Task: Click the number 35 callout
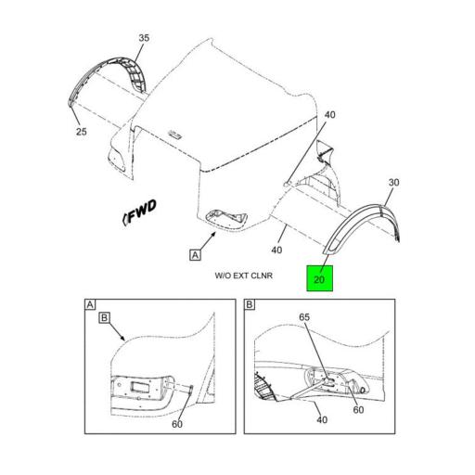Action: tap(144, 38)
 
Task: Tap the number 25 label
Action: tap(82, 132)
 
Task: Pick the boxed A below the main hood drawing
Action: tap(195, 253)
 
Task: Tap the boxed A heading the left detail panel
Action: tap(90, 304)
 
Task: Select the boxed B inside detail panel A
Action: tap(105, 319)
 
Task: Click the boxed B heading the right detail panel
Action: tap(250, 304)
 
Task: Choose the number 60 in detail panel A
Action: tap(177, 424)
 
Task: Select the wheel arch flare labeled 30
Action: tap(366, 223)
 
